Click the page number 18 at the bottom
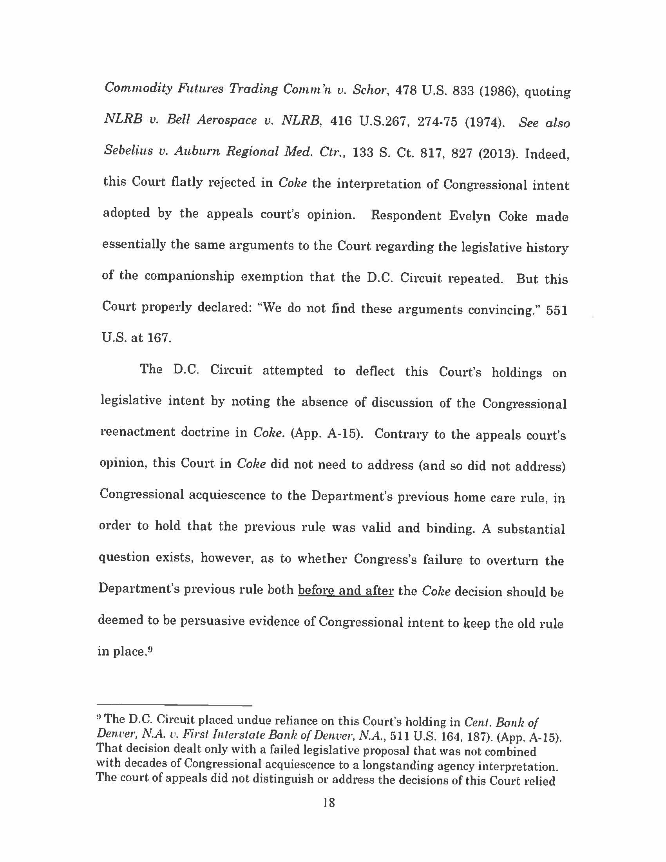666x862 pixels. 329,802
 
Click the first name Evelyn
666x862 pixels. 469,216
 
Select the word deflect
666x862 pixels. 375,371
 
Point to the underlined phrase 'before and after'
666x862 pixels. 346,590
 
